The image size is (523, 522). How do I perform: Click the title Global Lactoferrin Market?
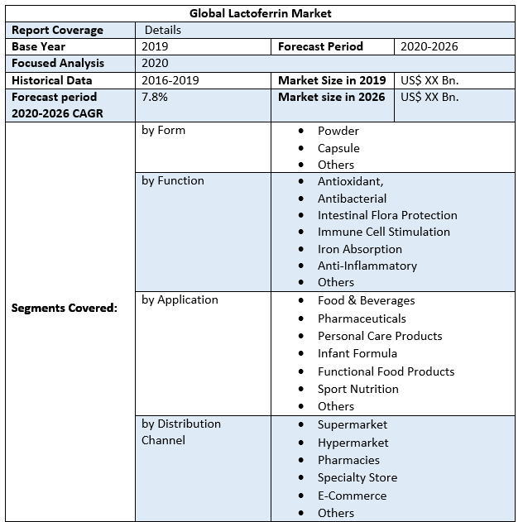pyautogui.click(x=261, y=13)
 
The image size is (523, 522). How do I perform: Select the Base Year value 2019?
pyautogui.click(x=155, y=46)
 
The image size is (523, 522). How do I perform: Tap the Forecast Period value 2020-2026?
pyautogui.click(x=429, y=46)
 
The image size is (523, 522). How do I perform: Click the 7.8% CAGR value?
pyautogui.click(x=155, y=97)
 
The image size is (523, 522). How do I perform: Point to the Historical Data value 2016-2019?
pyautogui.click(x=170, y=80)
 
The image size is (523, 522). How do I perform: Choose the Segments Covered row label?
pyautogui.click(x=65, y=308)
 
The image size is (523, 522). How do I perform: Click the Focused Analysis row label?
pyautogui.click(x=57, y=63)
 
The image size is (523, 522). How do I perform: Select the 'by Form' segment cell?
pyautogui.click(x=164, y=130)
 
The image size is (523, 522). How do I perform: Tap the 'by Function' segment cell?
pyautogui.click(x=173, y=180)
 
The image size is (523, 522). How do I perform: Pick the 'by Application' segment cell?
pyautogui.click(x=180, y=299)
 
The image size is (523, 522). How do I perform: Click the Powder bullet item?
pyautogui.click(x=338, y=131)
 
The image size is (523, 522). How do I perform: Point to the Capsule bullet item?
pyautogui.click(x=338, y=148)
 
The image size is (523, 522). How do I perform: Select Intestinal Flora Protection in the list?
pyautogui.click(x=387, y=215)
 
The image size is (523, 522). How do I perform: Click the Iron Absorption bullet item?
pyautogui.click(x=360, y=249)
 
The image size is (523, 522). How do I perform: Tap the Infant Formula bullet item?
pyautogui.click(x=357, y=353)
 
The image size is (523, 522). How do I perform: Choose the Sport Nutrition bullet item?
pyautogui.click(x=358, y=389)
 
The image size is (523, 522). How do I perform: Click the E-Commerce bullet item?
pyautogui.click(x=352, y=496)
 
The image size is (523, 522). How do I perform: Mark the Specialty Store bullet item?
pyautogui.click(x=357, y=477)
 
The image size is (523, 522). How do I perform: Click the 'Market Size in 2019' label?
pyautogui.click(x=332, y=80)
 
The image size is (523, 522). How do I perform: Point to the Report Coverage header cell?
pyautogui.click(x=57, y=30)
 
